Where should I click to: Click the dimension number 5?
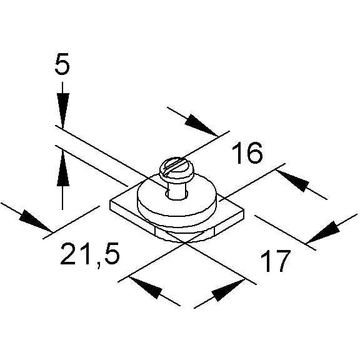pyautogui.click(x=62, y=64)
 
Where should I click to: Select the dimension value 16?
pyautogui.click(x=247, y=153)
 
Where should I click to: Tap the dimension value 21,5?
pyautogui.click(x=90, y=254)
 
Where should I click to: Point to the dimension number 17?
pyautogui.click(x=275, y=261)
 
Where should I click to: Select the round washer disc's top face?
pyautogui.click(x=177, y=197)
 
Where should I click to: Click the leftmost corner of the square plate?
pyautogui.click(x=111, y=202)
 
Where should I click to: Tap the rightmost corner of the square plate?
pyautogui.click(x=244, y=209)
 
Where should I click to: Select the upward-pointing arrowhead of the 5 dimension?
pyautogui.click(x=62, y=169)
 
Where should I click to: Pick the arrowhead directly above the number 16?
pyautogui.click(x=201, y=125)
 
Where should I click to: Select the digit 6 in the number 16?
pyautogui.click(x=254, y=153)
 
